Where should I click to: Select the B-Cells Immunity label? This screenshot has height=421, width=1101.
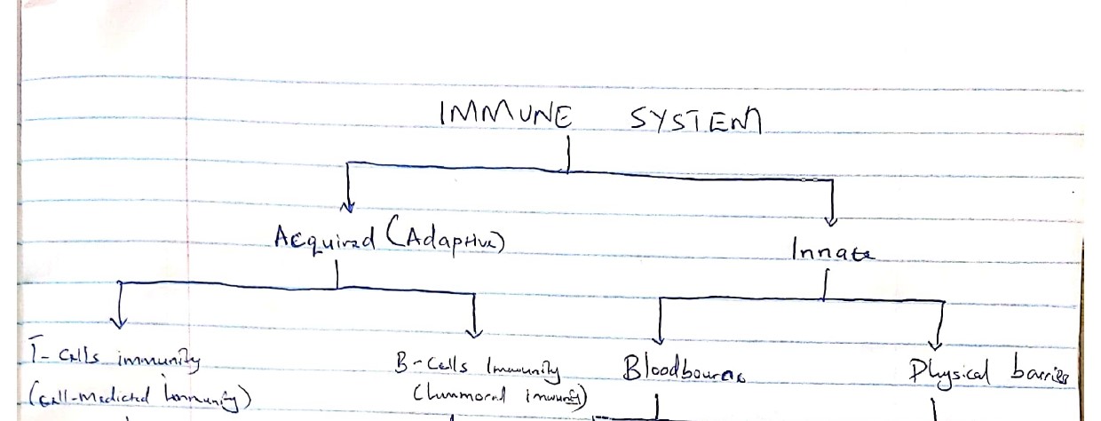click(477, 366)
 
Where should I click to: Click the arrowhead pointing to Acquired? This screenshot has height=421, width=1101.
click(348, 208)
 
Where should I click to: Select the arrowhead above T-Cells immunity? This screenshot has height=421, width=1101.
click(120, 322)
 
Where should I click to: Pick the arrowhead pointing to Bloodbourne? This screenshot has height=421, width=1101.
click(659, 338)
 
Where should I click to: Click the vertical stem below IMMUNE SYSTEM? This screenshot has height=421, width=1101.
click(566, 157)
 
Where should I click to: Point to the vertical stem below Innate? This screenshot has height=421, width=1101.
click(824, 284)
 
